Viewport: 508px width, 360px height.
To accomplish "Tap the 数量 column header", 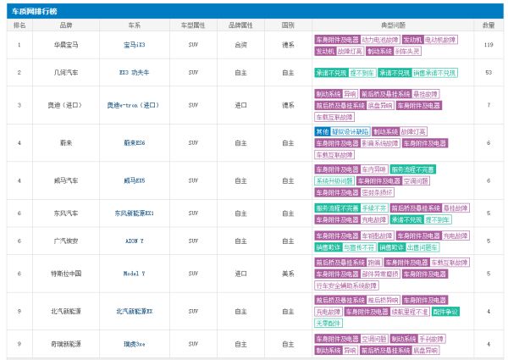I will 489,25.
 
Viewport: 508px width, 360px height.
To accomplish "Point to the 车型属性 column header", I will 194,25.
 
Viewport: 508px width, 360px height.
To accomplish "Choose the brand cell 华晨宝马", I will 66,44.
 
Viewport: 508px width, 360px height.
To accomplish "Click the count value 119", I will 489,44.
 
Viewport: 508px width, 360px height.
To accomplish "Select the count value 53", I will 489,73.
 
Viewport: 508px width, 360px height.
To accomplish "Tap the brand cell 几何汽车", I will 66,73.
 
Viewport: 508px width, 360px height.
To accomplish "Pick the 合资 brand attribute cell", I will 241,44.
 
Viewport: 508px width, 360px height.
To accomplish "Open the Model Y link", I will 134,274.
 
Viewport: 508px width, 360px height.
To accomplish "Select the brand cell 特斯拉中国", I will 66,274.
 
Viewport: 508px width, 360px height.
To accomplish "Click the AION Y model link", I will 134,241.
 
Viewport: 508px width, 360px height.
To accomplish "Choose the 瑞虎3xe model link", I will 134,344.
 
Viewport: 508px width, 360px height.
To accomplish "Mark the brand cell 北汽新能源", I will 66,311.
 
